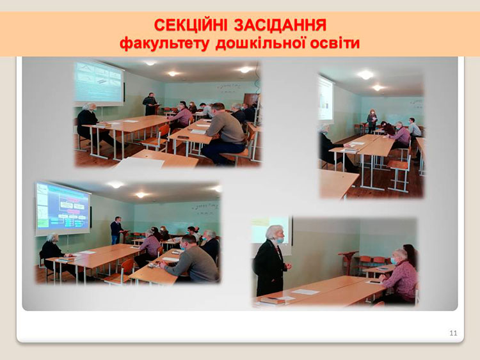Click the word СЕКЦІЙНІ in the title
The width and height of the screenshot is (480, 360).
click(191, 25)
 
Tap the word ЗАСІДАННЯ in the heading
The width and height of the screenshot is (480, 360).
click(280, 25)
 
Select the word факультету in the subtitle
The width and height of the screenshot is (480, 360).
click(164, 43)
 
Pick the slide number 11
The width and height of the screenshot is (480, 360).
click(453, 333)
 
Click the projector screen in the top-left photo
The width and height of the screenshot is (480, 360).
click(99, 82)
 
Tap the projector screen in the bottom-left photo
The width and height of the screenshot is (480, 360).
click(63, 208)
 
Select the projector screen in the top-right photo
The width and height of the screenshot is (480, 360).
click(325, 98)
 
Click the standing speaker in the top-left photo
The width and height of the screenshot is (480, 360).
click(150, 104)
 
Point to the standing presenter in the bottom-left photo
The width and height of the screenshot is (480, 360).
click(116, 230)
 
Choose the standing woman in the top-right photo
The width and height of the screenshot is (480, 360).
click(372, 121)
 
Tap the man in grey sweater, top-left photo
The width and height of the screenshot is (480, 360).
click(223, 134)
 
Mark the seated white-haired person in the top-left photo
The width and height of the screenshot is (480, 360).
click(90, 122)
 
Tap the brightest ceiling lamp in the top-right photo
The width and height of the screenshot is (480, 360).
click(365, 75)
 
